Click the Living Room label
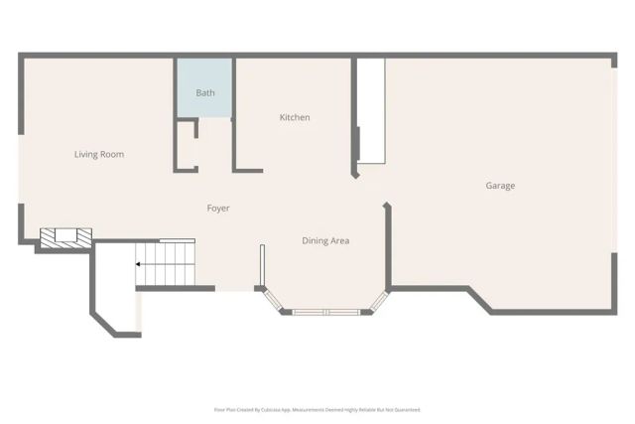99,154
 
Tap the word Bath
205,93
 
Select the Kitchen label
295,117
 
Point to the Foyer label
218,209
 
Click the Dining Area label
325,240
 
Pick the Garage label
500,186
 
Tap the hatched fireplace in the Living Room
65,236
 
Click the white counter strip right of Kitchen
371,109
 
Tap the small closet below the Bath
186,144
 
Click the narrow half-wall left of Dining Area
262,266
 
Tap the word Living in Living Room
86,154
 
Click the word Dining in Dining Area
315,240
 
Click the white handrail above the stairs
177,239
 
